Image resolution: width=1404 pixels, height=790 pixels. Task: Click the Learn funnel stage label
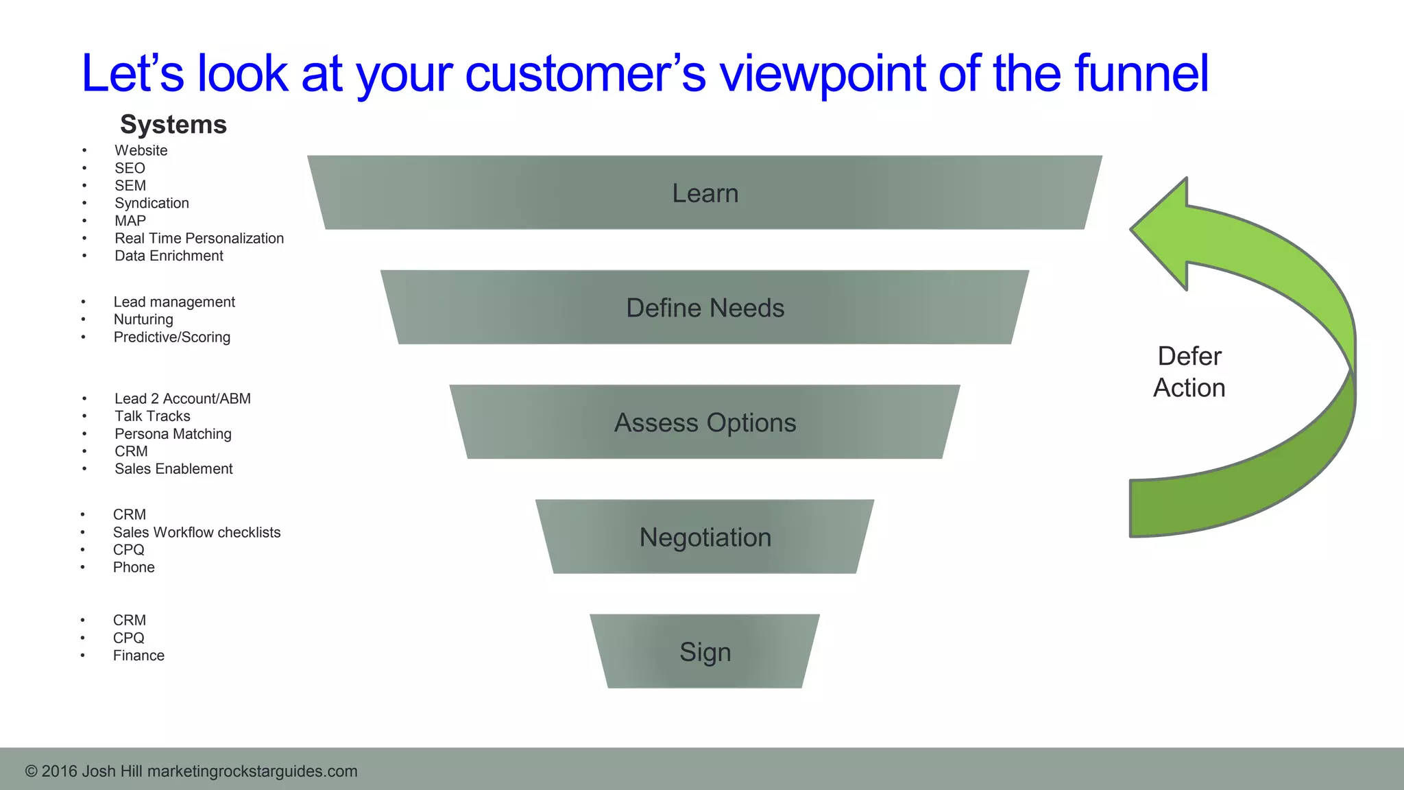[705, 193]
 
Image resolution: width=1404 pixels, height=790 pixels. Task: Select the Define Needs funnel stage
[705, 308]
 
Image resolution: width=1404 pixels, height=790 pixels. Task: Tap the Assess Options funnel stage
[705, 422]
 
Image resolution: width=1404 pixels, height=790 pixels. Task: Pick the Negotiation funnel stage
[705, 537]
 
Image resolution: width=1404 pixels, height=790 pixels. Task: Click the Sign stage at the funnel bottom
[705, 651]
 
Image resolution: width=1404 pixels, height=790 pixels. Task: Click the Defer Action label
[1189, 372]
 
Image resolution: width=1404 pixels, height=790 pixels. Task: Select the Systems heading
[173, 125]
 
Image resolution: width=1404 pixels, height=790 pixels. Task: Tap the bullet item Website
[141, 150]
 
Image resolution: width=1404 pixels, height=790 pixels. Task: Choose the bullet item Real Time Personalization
[199, 238]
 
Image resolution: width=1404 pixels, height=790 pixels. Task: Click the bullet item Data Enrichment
[169, 256]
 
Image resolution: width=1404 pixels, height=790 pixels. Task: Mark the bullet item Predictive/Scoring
[171, 337]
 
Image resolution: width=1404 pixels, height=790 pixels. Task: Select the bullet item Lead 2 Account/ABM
[182, 398]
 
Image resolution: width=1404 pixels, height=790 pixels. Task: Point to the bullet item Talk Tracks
[152, 416]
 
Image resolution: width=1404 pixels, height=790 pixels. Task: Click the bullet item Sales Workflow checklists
[197, 532]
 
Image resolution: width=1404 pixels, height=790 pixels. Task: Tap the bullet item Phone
[134, 567]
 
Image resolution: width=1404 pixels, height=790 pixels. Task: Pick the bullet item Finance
[138, 655]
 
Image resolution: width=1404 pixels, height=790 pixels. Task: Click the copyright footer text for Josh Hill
[191, 771]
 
